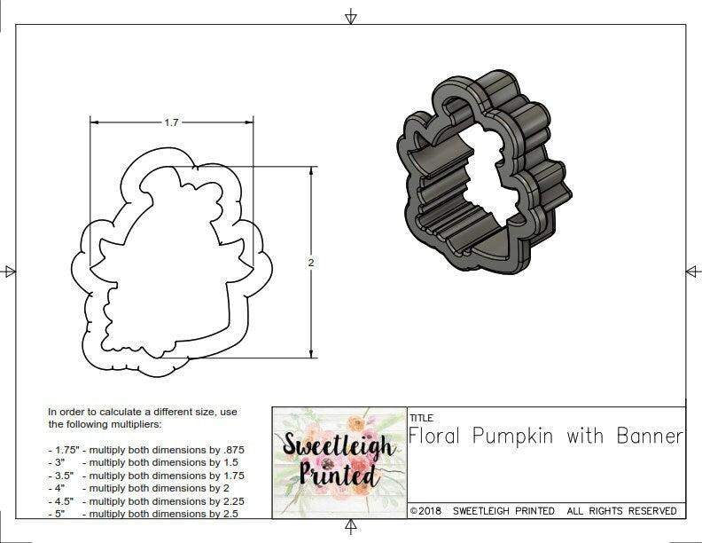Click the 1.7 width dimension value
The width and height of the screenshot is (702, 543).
coord(171,123)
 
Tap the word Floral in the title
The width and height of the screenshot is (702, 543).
coord(436,436)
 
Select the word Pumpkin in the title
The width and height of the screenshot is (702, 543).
coord(513,436)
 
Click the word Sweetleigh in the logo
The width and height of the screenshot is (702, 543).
coord(339,446)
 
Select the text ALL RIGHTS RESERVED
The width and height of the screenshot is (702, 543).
coord(621,511)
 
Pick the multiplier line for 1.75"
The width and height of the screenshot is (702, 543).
coord(145,450)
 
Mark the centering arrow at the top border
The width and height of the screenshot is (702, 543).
coord(351,16)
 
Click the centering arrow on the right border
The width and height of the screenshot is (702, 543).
coord(692,271)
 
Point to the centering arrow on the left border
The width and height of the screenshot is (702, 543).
coord(9,271)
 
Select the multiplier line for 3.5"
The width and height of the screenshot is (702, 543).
coord(145,476)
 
